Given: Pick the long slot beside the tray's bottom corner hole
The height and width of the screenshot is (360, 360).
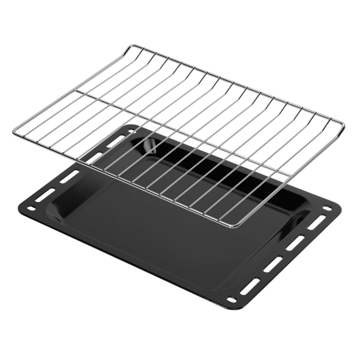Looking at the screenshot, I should point(248,287).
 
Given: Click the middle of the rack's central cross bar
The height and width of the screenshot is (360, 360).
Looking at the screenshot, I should point(182,132).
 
